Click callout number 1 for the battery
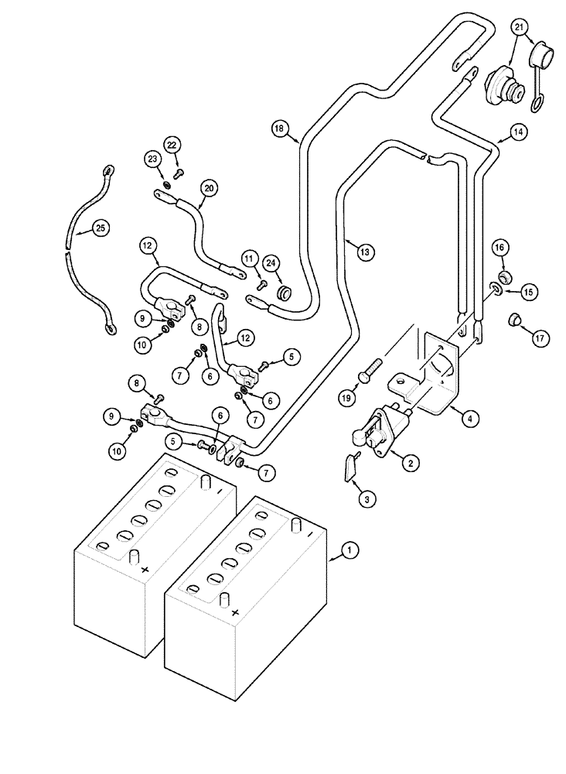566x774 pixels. tap(349, 551)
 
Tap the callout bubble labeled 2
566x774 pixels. tap(411, 463)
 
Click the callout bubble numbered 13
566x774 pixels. tap(365, 250)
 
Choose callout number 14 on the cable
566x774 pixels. tap(496, 133)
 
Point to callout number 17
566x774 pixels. tap(539, 337)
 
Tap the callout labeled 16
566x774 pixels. tap(500, 248)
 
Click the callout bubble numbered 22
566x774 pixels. tap(171, 145)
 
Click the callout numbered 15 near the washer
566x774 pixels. tap(528, 292)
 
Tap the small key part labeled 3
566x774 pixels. tap(349, 467)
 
